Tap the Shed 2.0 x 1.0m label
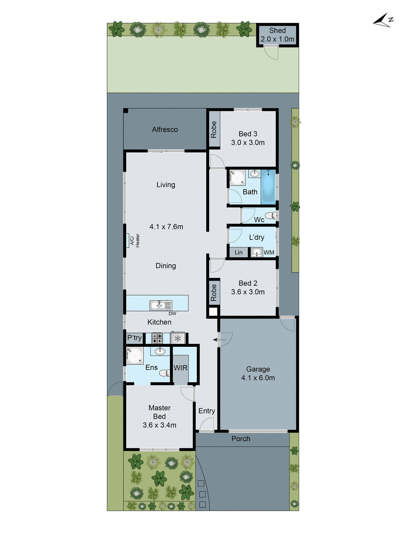pos(277,35)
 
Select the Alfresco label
pos(165,130)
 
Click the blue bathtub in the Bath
pos(268,187)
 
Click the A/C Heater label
pos(135,241)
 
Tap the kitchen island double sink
pos(161,305)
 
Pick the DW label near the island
pos(172,314)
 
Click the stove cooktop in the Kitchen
pos(157,338)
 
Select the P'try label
pos(134,338)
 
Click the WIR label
pos(181,368)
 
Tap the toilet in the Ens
pos(164,373)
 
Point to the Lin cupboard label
pos(239,253)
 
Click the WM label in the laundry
pos(269,253)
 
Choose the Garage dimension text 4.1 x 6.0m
pos(258,378)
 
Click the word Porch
pos(241,439)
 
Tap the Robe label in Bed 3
pos(214,130)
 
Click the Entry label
pos(207,411)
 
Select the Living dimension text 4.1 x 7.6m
pos(166,227)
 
